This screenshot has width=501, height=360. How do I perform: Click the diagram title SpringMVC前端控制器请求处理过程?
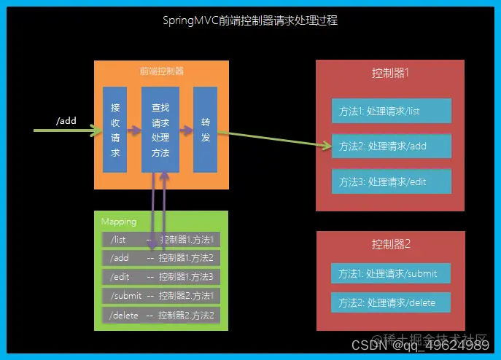(250, 21)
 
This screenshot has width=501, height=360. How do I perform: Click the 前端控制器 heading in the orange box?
(161, 71)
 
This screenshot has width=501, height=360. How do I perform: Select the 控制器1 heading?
(390, 73)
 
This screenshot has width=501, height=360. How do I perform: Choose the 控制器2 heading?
(390, 243)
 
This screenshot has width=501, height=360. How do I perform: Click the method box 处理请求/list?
(392, 111)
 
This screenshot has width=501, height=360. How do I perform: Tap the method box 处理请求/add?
(392, 146)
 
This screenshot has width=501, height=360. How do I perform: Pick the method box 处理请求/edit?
(392, 181)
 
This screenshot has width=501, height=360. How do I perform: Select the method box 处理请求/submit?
(390, 273)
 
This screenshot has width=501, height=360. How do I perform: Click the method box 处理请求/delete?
(390, 302)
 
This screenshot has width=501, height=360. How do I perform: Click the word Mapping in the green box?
(119, 222)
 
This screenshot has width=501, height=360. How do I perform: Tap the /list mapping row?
(161, 239)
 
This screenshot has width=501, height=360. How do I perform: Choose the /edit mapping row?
(161, 277)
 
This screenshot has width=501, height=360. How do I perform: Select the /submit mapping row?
(161, 296)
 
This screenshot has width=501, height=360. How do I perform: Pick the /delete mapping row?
(161, 315)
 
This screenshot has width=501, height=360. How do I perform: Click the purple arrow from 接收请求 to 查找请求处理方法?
(133, 132)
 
